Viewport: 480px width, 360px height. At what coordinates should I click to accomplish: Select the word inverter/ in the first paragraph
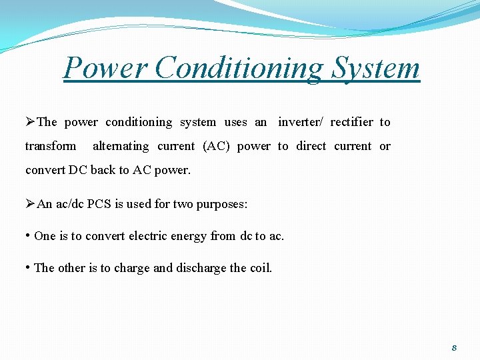coord(300,122)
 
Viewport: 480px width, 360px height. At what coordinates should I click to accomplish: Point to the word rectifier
coord(351,122)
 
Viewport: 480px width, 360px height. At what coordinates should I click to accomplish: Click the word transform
coord(51,146)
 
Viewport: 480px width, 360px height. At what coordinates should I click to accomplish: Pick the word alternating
coord(121,146)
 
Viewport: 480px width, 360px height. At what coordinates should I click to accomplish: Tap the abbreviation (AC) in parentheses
coord(215,146)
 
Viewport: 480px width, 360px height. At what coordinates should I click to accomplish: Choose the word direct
coord(311,146)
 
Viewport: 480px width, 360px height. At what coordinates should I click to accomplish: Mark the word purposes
coord(221,204)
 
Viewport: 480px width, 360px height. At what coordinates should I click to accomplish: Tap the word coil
coord(260,268)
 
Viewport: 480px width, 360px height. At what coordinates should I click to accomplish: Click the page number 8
coord(454,348)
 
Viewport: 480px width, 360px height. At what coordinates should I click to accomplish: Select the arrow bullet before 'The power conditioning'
coord(30,122)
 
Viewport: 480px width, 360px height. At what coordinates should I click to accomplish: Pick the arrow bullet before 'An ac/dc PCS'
coord(30,204)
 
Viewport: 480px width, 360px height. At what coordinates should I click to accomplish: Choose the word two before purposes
coord(183,204)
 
